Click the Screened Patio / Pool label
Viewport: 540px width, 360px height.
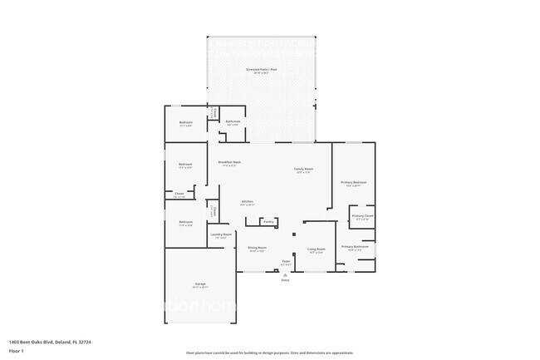261,70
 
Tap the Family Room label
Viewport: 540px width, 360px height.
302,170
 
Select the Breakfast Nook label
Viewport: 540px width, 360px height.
229,162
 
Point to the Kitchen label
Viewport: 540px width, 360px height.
247,202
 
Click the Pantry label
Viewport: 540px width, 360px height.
268,221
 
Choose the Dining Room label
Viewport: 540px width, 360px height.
257,248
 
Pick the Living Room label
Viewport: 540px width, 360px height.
316,248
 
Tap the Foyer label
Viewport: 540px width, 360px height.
286,262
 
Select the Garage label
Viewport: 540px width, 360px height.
200,285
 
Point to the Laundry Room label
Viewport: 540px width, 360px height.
221,235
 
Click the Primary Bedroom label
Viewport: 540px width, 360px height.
354,183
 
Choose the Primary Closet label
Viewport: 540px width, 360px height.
362,216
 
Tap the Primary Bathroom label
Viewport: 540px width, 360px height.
355,247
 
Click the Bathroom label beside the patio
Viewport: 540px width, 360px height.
233,121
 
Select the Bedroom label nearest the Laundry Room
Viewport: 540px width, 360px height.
186,222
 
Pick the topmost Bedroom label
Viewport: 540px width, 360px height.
186,123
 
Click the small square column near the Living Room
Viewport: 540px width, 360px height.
292,235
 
